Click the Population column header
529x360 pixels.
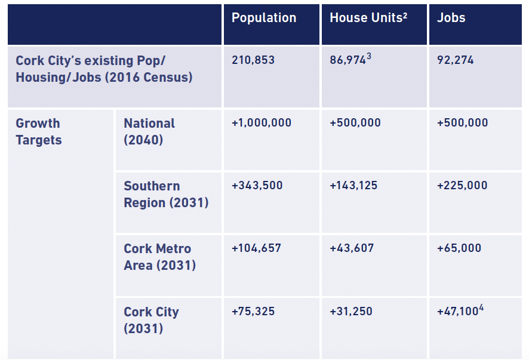point(263,18)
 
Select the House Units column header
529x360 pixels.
point(368,18)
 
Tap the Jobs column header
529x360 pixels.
point(451,18)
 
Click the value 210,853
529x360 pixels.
point(253,60)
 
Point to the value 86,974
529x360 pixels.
point(347,60)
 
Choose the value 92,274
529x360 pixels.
point(455,60)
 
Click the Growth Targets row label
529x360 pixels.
point(38,131)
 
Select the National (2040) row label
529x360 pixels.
point(149,131)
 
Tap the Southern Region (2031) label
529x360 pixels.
point(166,194)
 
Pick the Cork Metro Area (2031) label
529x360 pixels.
point(159,257)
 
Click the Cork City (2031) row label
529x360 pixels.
point(151,320)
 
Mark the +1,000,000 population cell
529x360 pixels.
point(262,123)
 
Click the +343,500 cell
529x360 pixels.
point(257,186)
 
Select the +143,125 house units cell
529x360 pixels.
point(353,186)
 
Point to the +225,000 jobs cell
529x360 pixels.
point(462,186)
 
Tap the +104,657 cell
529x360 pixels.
point(256,248)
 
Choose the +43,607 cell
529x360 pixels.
point(352,248)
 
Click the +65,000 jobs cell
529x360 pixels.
point(459,248)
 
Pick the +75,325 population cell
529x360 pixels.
point(253,312)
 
